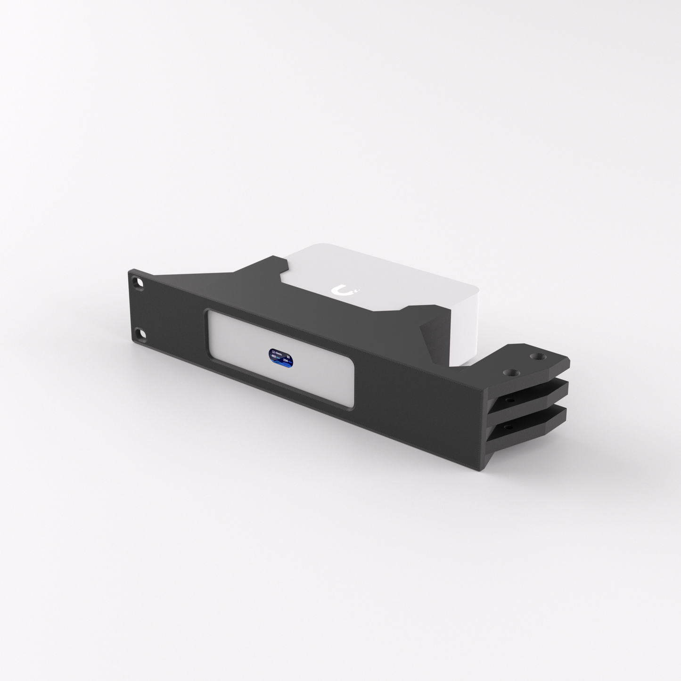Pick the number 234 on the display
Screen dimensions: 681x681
[286, 361]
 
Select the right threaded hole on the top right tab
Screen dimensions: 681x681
[536, 357]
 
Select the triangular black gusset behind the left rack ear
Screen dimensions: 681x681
[203, 283]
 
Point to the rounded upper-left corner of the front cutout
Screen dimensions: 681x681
[211, 314]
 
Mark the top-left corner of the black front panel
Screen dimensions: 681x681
[129, 271]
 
